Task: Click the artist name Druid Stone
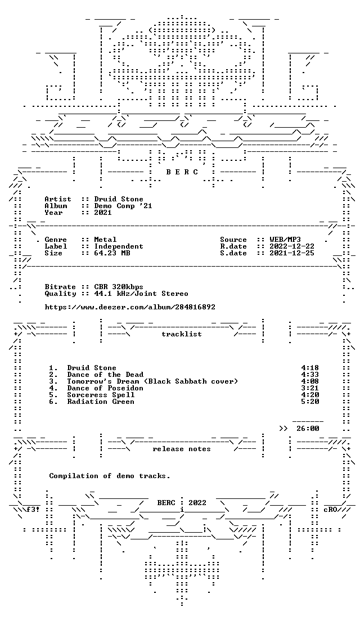point(119,199)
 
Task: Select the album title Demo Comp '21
point(123,206)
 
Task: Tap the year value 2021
point(102,213)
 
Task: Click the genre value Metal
point(105,240)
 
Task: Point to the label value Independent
point(119,246)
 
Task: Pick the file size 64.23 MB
point(112,253)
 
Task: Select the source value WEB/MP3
point(285,240)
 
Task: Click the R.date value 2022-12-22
point(291,246)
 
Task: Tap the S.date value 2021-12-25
point(291,253)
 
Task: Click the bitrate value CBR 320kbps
point(119,287)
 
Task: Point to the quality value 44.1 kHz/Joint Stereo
point(141,294)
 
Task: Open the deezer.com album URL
point(130,307)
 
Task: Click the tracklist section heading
point(181,334)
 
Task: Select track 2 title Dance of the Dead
point(105,375)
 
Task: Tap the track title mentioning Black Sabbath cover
point(152,381)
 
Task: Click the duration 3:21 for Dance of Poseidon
point(310,388)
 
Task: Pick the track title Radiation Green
point(101,402)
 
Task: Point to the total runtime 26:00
point(307,429)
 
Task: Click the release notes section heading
point(181,449)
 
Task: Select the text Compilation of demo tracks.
point(110,476)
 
